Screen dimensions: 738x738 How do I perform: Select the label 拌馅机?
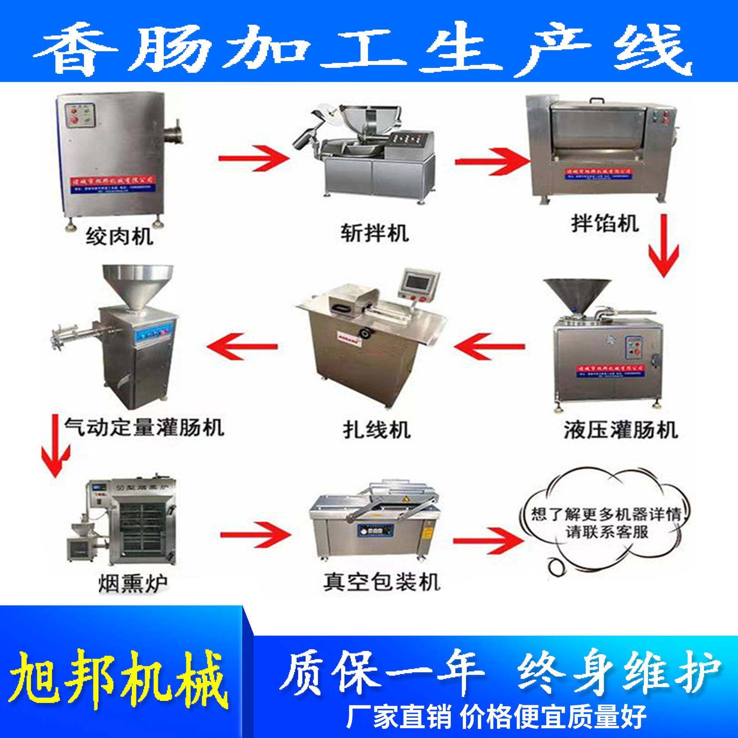click(605, 223)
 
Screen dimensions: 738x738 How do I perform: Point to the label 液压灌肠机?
click(620, 429)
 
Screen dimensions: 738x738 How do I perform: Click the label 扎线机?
click(376, 430)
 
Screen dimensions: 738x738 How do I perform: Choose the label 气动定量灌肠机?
click(144, 427)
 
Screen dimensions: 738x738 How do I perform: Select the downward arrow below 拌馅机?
click(664, 246)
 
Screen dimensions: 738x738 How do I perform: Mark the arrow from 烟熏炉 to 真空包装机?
click(254, 534)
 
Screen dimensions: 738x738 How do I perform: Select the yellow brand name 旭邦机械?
click(117, 676)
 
